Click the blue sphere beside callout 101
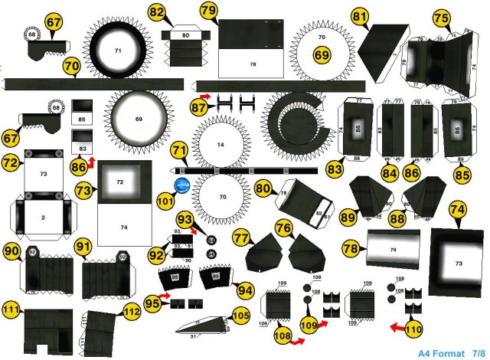coord(183,185)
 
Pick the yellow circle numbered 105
coord(241,316)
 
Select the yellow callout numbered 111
coord(10,310)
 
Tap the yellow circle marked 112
coord(132,312)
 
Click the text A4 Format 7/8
coord(452,353)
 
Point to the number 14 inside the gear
coord(220,145)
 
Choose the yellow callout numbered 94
coord(246,290)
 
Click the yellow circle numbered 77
coord(242,238)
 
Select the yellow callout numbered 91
coord(83,247)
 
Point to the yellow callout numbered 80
coord(264,188)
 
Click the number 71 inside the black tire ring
coord(118,50)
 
